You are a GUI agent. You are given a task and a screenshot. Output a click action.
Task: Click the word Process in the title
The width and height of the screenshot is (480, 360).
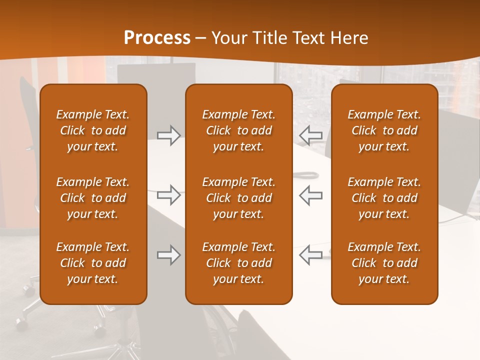click(157, 38)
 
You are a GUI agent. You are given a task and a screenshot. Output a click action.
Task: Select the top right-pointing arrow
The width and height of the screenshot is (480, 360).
click(168, 135)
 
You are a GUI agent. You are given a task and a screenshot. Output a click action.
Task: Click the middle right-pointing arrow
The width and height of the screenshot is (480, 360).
click(168, 195)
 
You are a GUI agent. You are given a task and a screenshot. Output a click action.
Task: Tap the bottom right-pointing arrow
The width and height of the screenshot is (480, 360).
click(168, 255)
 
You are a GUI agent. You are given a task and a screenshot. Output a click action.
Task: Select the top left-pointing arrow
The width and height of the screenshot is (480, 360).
click(311, 135)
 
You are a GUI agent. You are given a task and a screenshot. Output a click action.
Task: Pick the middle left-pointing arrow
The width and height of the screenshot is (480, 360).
click(311, 195)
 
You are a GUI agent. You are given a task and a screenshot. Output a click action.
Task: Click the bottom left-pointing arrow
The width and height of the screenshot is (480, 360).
click(311, 255)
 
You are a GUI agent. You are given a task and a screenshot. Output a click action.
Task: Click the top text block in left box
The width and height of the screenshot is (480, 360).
click(93, 130)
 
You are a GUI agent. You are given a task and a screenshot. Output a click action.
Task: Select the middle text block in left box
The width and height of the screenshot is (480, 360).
click(93, 198)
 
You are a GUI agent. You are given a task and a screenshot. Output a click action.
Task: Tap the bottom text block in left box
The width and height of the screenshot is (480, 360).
click(93, 263)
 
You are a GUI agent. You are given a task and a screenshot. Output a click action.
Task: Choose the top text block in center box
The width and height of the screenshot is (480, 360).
click(238, 130)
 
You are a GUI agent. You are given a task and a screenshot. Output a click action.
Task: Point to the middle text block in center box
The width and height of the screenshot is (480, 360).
click(238, 198)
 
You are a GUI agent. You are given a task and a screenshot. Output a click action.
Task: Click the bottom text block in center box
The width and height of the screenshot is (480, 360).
click(238, 263)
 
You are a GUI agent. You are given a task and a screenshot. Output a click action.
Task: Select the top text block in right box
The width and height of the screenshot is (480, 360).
click(384, 130)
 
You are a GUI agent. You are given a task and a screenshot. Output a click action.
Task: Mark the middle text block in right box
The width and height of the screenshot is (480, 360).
click(384, 198)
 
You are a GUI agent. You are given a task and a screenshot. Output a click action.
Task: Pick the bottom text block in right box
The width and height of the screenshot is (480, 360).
click(384, 263)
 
